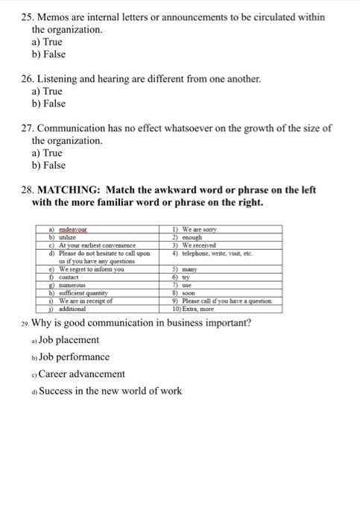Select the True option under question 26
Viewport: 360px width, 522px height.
pyautogui.click(x=48, y=90)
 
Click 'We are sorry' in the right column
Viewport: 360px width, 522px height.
pyautogui.click(x=205, y=230)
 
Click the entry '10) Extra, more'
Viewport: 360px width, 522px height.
pyautogui.click(x=198, y=308)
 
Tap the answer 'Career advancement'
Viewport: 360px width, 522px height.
pyautogui.click(x=82, y=374)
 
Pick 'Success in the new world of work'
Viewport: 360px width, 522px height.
pyautogui.click(x=110, y=391)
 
